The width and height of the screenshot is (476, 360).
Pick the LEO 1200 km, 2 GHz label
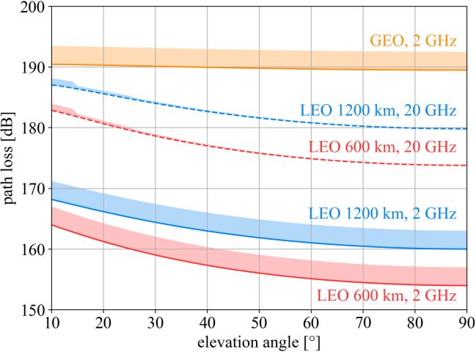click(x=382, y=213)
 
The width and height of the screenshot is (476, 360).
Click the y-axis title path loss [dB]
click(x=12, y=158)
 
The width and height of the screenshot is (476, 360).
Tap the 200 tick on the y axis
click(x=32, y=7)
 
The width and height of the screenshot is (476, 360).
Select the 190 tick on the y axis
click(x=32, y=67)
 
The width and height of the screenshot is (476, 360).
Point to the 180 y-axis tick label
click(x=32, y=128)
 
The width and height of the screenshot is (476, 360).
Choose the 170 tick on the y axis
click(x=32, y=188)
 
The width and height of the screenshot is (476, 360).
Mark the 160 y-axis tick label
click(x=32, y=249)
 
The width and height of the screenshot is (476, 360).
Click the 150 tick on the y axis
click(x=32, y=309)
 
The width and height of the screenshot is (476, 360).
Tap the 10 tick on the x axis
click(x=51, y=323)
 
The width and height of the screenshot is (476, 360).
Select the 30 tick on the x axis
click(x=155, y=323)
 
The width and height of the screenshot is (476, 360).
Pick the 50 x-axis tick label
click(x=259, y=323)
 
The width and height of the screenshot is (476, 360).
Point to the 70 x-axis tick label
click(x=363, y=323)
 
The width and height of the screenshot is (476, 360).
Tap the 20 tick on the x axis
click(x=103, y=323)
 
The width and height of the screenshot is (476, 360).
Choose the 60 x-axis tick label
click(x=311, y=323)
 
